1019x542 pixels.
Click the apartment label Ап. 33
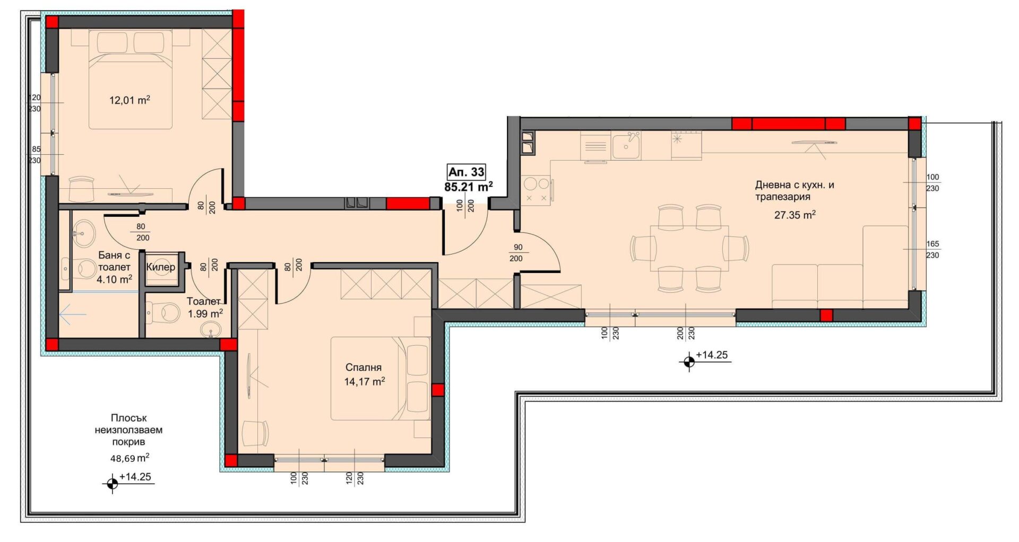click(467, 172)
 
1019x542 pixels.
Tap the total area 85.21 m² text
click(469, 187)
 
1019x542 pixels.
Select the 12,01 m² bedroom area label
click(129, 100)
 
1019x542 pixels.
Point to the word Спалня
click(364, 367)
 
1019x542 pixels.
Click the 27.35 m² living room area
click(795, 215)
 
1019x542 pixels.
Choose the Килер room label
click(160, 267)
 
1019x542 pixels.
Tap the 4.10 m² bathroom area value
click(114, 279)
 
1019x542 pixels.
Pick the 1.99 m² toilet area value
click(205, 313)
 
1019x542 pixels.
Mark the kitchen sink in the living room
click(626, 146)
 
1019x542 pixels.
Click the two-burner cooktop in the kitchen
click(537, 189)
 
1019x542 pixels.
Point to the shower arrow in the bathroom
click(73, 315)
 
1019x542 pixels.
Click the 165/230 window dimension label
click(932, 249)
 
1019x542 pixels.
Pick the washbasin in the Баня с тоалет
click(83, 233)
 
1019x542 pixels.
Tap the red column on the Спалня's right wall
click(438, 390)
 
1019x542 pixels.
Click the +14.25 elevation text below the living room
click(712, 355)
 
